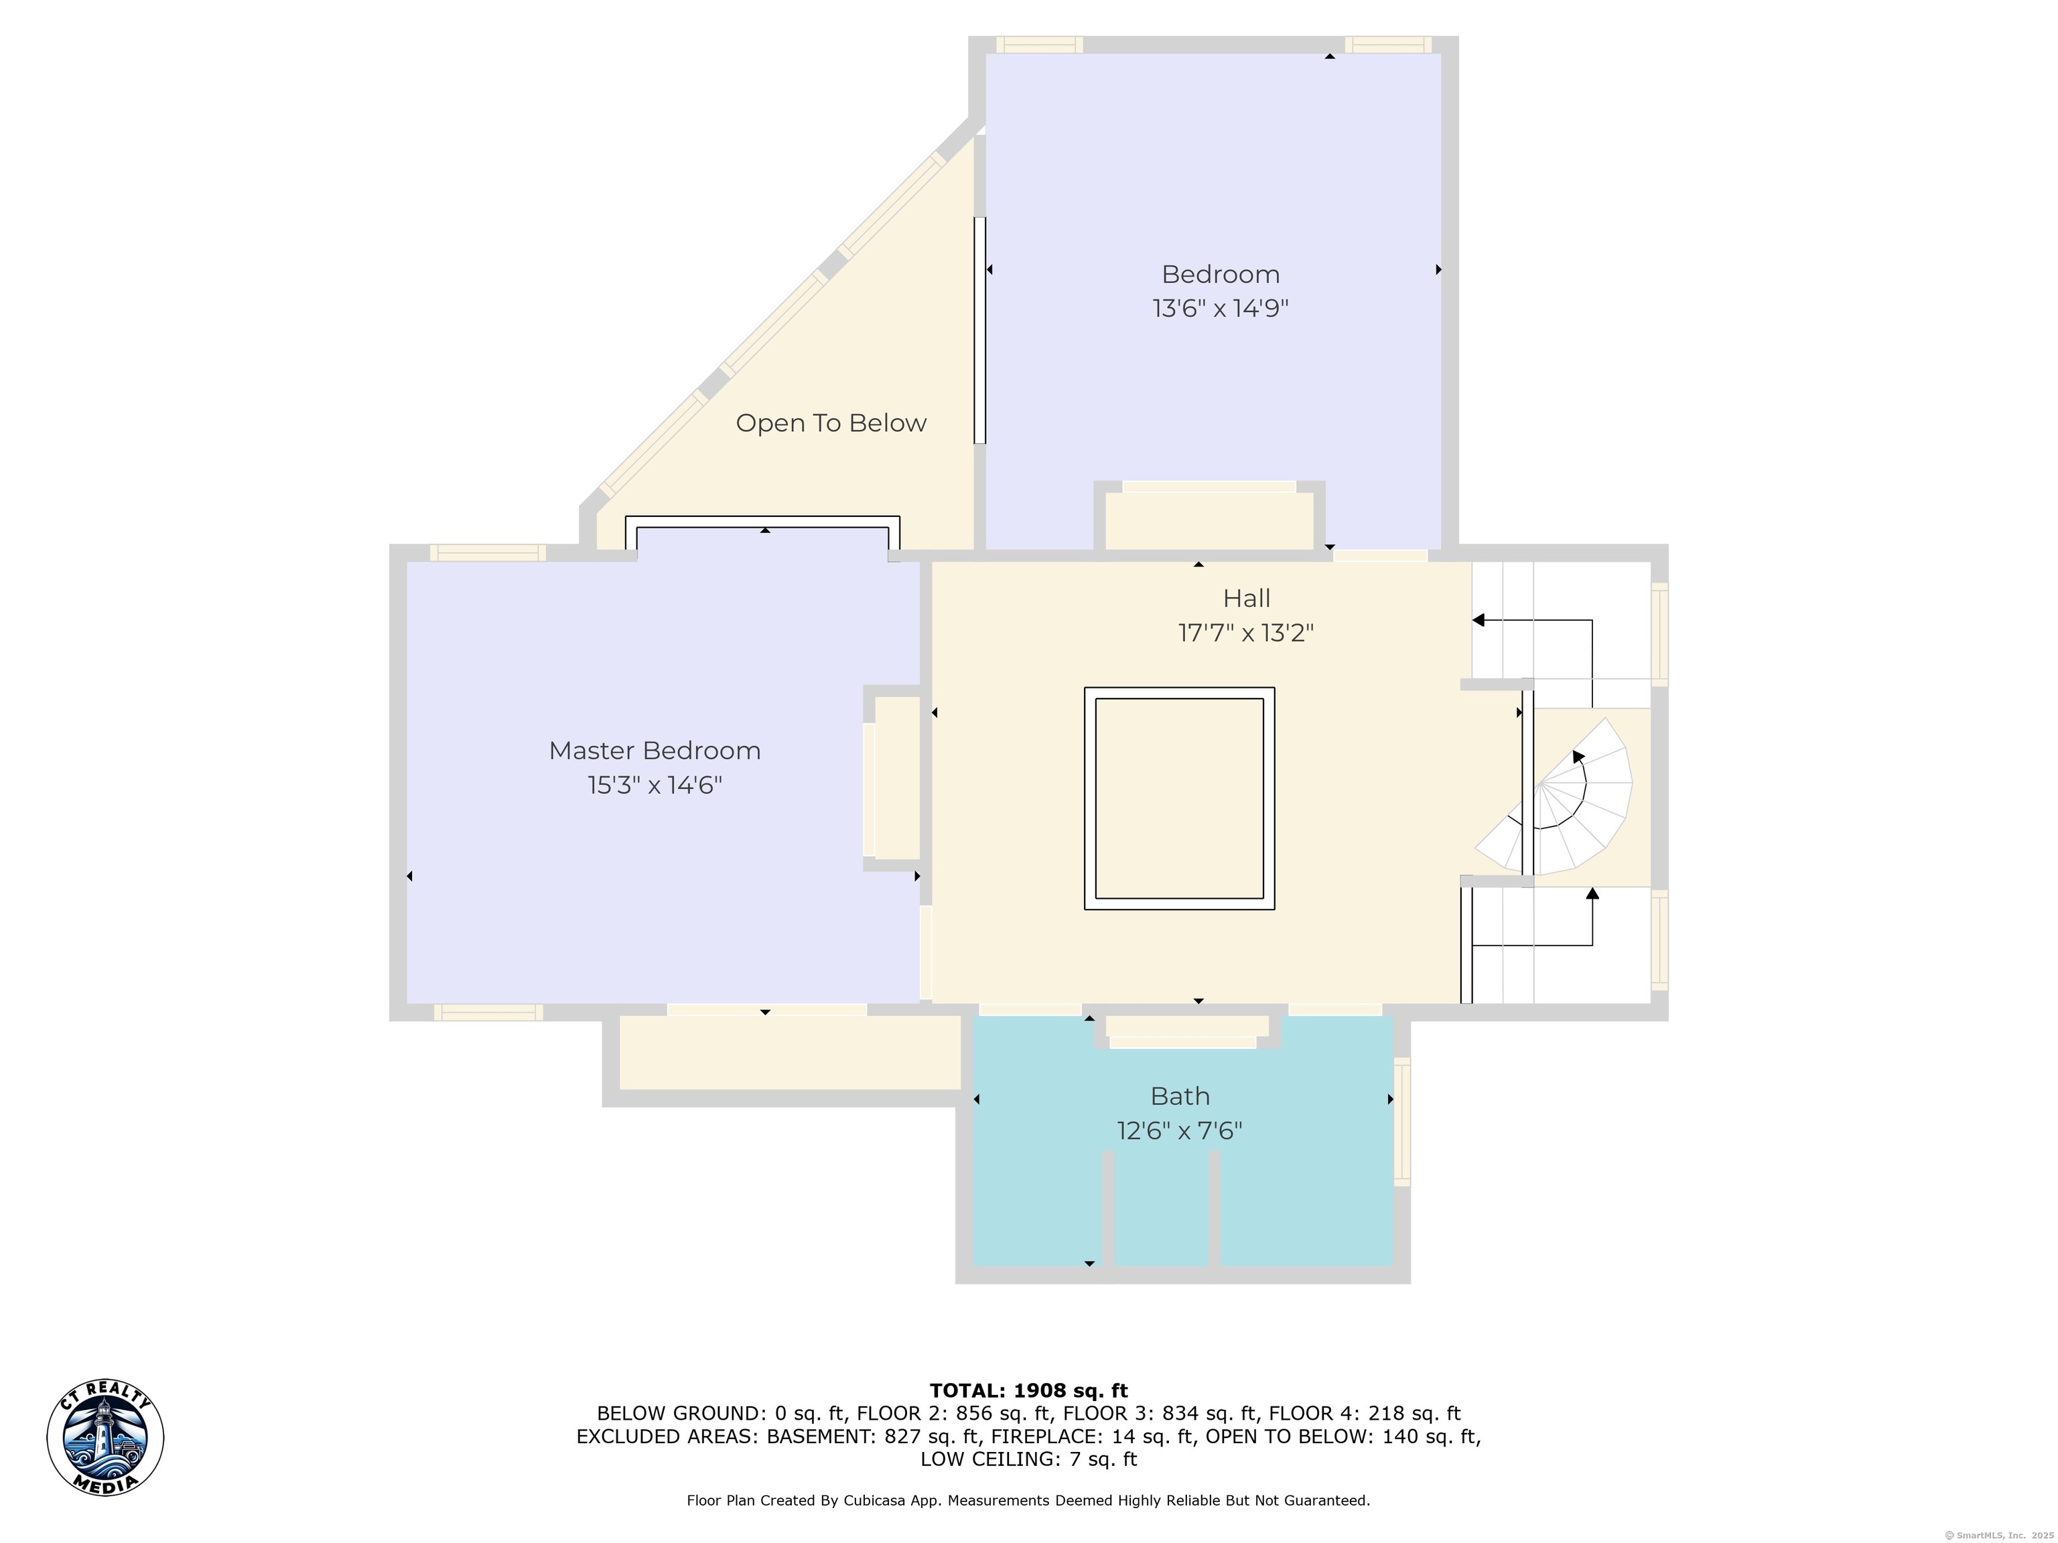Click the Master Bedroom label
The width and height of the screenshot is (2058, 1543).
point(655,751)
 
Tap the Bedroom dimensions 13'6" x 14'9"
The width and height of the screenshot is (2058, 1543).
point(1221,308)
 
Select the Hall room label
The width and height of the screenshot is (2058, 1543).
point(1247,598)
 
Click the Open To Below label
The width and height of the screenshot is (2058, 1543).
point(831,423)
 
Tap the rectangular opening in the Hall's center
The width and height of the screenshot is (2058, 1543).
point(1179,798)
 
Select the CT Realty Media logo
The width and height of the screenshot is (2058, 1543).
point(105,1438)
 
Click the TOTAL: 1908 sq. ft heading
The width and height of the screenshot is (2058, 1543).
point(1028,1390)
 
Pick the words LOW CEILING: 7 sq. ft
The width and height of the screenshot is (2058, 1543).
point(1028,1459)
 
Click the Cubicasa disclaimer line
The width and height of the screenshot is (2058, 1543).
point(1028,1500)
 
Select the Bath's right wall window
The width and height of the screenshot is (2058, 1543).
point(1402,1122)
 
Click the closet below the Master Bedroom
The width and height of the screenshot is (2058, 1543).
point(790,1052)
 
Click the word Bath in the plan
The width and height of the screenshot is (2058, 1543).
point(1180,1096)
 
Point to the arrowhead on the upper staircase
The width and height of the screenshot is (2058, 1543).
point(1479,620)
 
